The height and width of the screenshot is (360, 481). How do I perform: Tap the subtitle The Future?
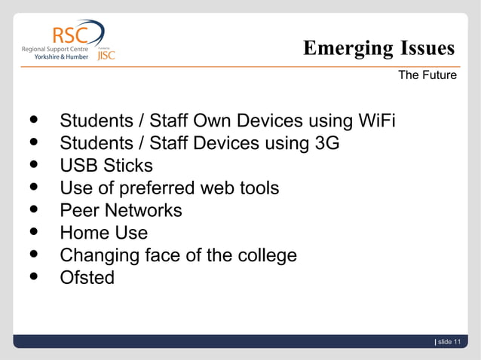427,75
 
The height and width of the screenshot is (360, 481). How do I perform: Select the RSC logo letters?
69,35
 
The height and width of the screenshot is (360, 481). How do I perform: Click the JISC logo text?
106,56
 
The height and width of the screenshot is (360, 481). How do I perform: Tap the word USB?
79,166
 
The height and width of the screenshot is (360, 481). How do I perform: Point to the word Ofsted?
87,277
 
